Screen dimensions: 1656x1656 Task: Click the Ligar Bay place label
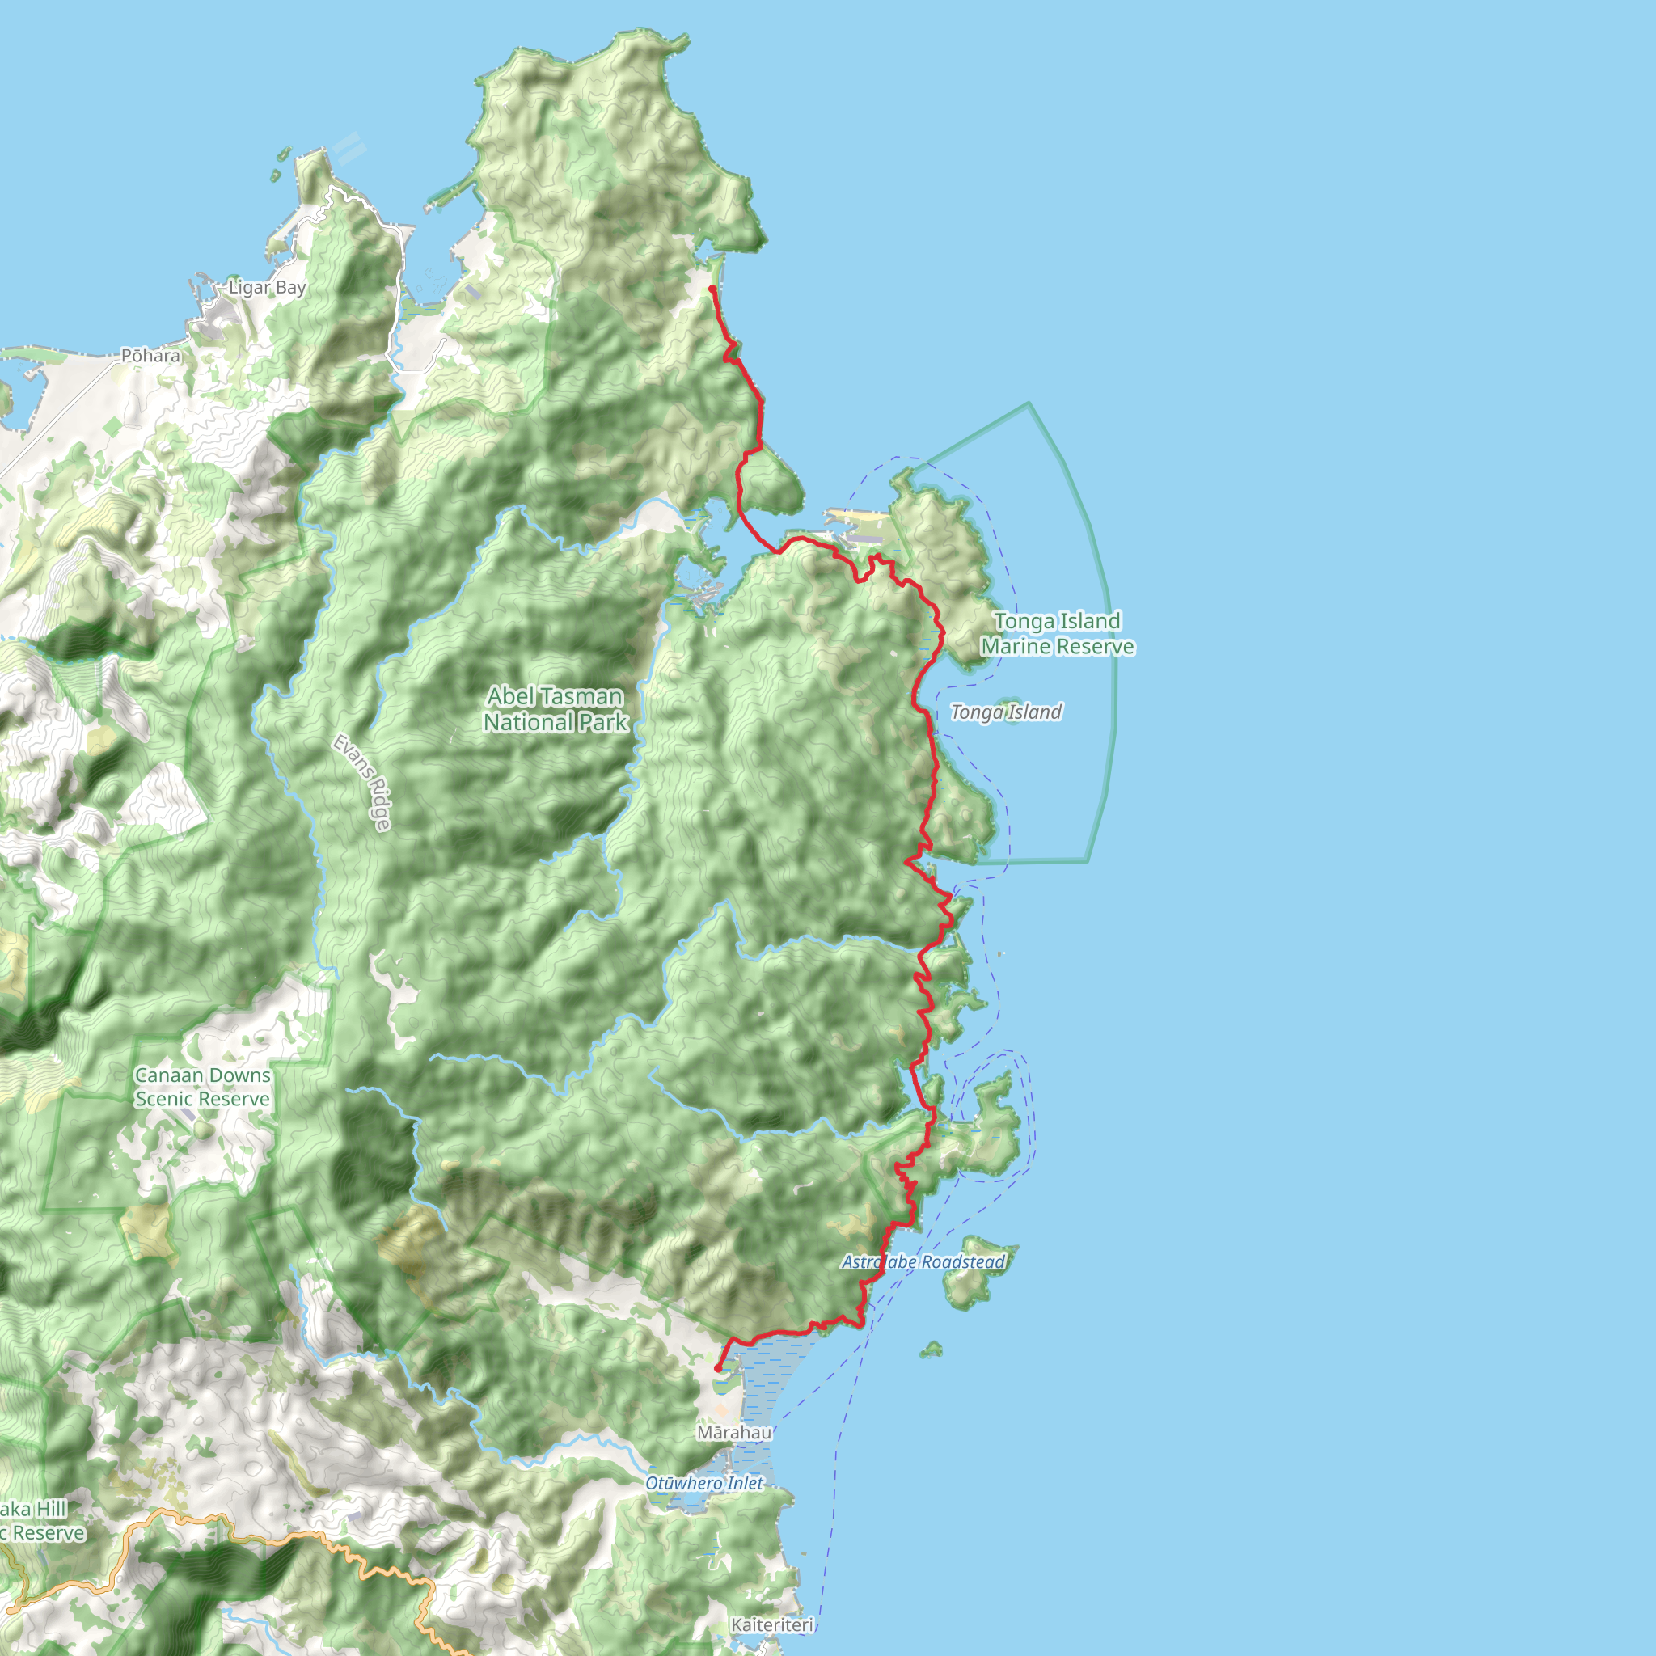267,288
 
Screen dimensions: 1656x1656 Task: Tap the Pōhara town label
151,356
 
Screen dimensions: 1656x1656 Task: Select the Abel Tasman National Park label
556,709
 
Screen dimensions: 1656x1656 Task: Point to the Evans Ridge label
362,782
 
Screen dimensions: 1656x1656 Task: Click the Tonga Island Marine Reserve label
1058,633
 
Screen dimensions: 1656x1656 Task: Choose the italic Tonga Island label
1005,712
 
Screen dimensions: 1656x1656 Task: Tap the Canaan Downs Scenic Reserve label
202,1087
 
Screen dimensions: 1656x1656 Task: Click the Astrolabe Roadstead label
923,1261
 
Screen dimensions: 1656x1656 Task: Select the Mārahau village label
733,1432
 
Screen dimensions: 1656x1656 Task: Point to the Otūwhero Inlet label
703,1483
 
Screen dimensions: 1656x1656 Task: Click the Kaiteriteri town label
772,1624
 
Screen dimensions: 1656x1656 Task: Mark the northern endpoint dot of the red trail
712,289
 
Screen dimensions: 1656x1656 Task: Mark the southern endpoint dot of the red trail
718,1368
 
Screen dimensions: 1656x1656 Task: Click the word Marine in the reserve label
1020,646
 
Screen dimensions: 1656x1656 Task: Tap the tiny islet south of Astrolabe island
931,1350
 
